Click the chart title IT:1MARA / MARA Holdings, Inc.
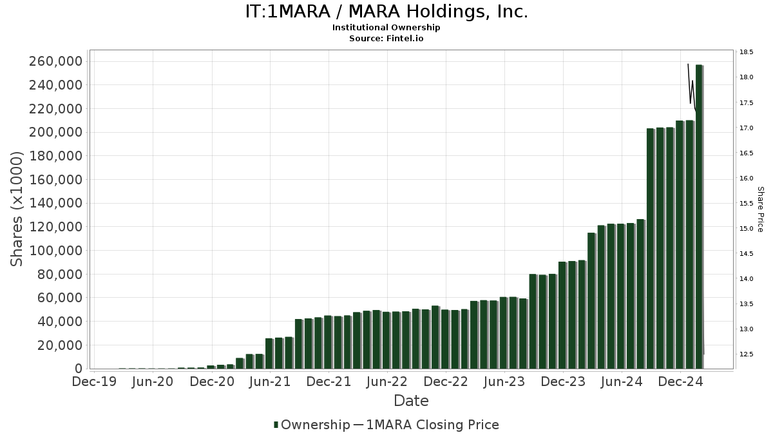click(386, 12)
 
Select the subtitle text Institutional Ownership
click(386, 28)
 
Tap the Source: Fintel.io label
click(386, 39)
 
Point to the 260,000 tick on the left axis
click(55, 61)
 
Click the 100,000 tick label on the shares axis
click(55, 250)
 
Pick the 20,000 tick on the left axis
click(59, 345)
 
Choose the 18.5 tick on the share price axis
click(747, 52)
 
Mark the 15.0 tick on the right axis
click(747, 229)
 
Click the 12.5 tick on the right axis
click(747, 354)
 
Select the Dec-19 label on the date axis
click(94, 382)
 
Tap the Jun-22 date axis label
click(387, 382)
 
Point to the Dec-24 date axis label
click(680, 382)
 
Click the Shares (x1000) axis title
click(18, 208)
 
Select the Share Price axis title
click(760, 209)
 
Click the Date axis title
click(411, 401)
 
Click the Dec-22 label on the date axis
click(446, 382)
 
